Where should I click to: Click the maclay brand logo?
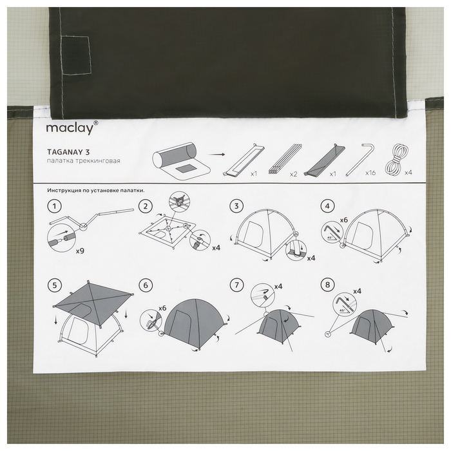tap(72, 128)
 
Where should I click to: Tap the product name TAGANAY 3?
tap(68, 152)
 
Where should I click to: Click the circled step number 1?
tap(54, 206)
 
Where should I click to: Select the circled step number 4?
tap(327, 206)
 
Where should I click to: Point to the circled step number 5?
tap(55, 285)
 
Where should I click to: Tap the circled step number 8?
tap(327, 285)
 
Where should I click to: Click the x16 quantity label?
tap(370, 173)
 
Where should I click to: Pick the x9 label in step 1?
tap(80, 251)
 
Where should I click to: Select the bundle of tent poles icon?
tap(285, 159)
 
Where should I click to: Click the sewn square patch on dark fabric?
tap(76, 55)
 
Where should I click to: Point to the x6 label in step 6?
tap(162, 308)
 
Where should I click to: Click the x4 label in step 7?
tap(278, 287)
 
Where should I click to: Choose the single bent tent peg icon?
tap(359, 160)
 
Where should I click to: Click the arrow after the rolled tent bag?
tap(216, 155)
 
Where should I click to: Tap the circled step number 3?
tap(236, 206)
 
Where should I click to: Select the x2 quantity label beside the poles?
tap(293, 174)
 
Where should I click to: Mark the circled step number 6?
tap(146, 285)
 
